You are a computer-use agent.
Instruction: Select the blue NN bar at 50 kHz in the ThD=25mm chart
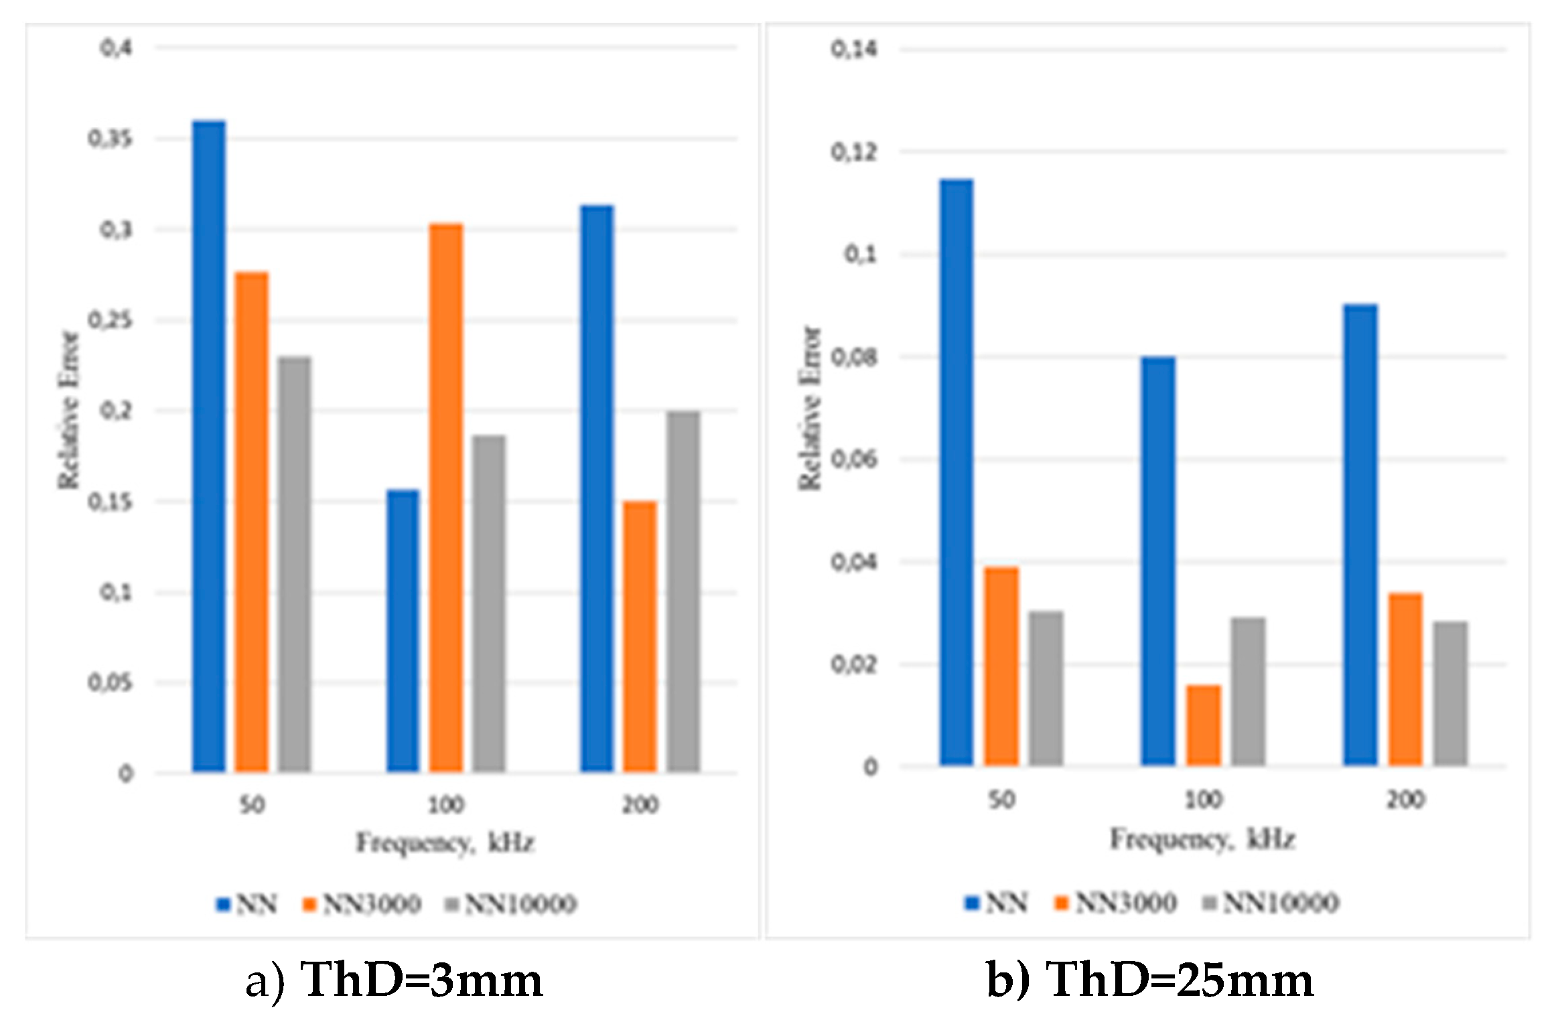point(957,472)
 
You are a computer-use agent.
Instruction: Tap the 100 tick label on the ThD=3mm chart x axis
point(445,804)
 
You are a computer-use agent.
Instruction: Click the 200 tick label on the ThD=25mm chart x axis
point(1405,799)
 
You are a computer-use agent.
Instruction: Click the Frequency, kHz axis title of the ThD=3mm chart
point(445,842)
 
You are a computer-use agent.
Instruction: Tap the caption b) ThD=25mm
point(1149,981)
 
